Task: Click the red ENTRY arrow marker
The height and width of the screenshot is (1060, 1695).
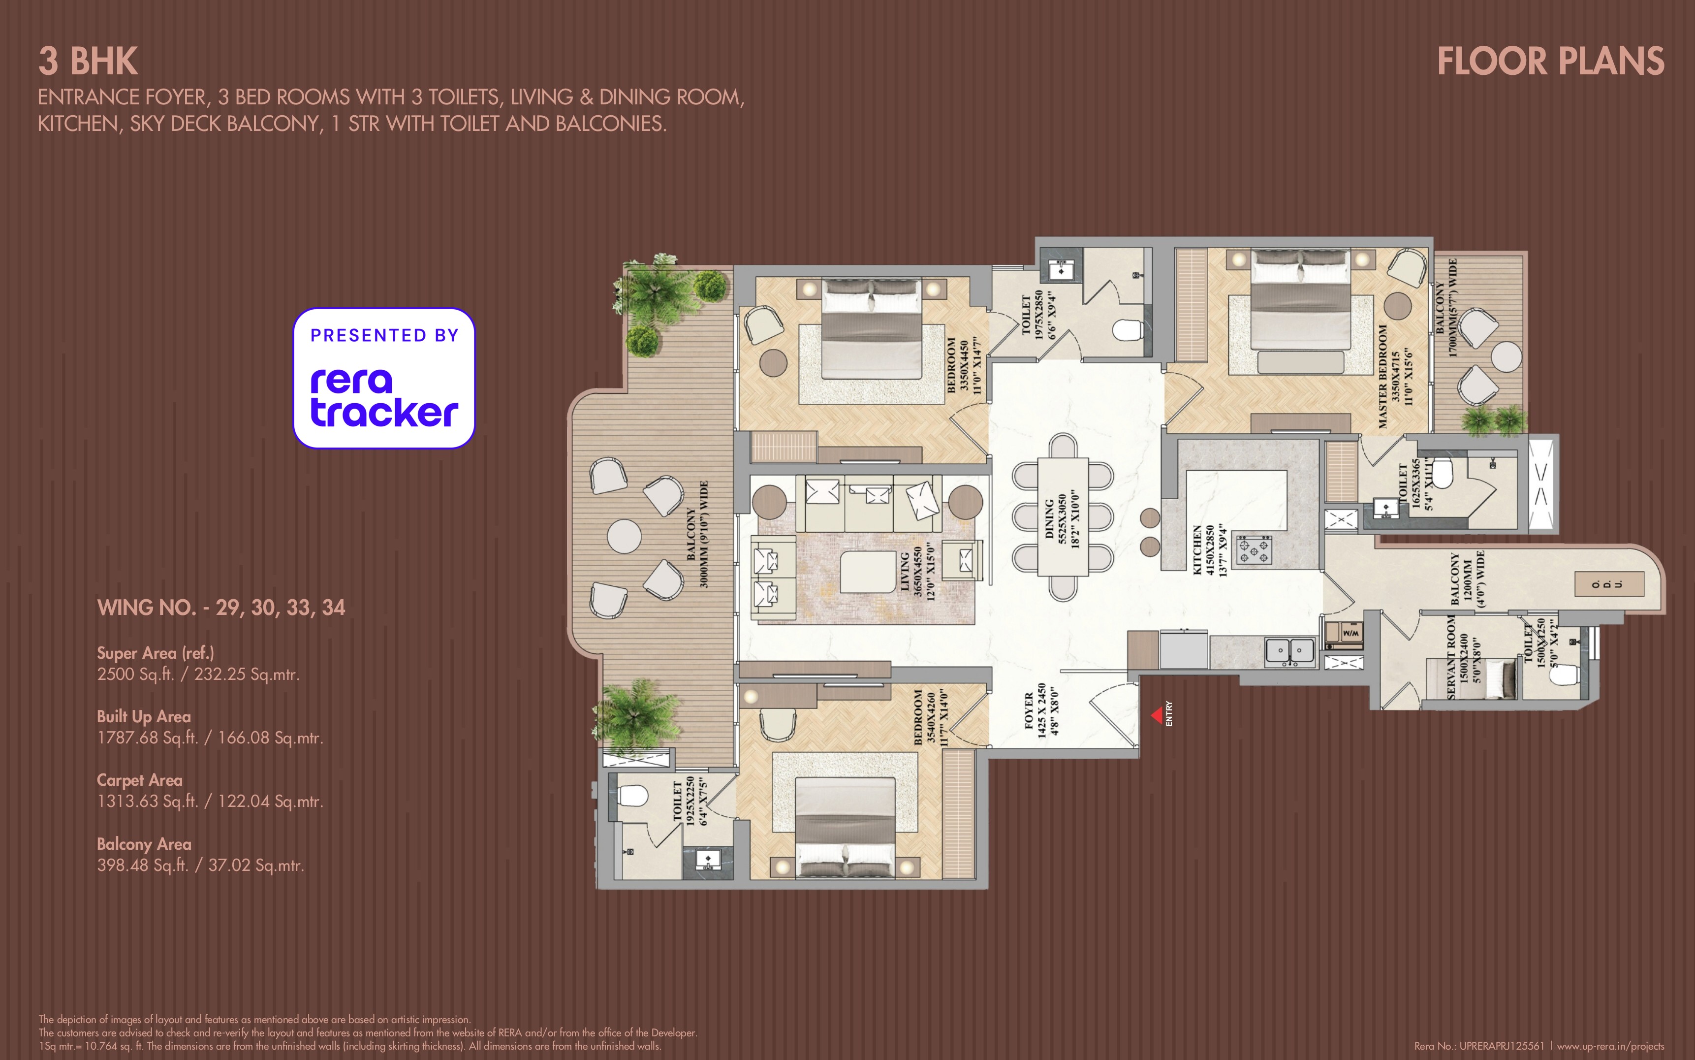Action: click(x=1158, y=715)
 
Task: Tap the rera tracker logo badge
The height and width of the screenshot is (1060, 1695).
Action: click(x=384, y=379)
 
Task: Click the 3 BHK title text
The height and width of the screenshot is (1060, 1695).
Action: click(x=88, y=62)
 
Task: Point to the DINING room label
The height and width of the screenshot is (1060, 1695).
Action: click(x=1049, y=519)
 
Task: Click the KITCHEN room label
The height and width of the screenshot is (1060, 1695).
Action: click(x=1197, y=550)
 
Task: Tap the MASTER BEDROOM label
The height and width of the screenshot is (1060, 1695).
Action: click(x=1382, y=377)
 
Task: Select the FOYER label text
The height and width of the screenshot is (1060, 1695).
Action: click(x=1029, y=710)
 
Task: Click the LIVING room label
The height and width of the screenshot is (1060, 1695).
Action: click(x=904, y=572)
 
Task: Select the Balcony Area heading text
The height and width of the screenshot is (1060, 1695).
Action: click(x=144, y=844)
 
